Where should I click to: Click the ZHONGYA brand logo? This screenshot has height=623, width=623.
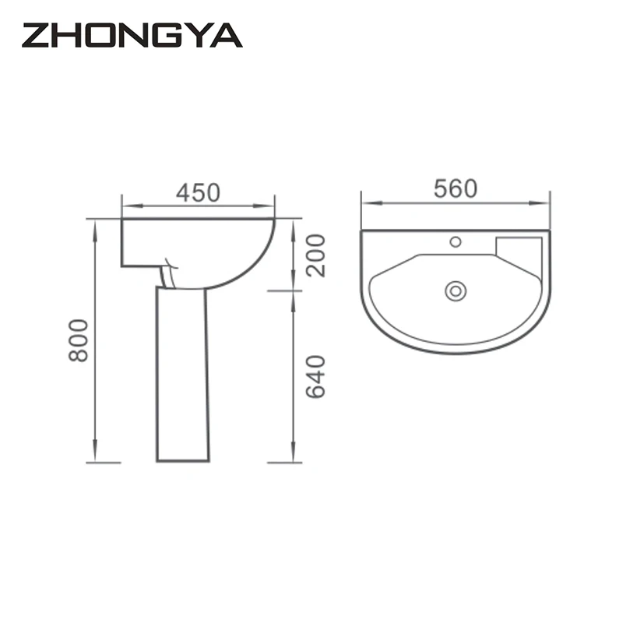pyautogui.click(x=132, y=35)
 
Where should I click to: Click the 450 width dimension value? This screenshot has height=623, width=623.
pyautogui.click(x=198, y=192)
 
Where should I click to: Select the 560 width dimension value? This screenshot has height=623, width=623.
pyautogui.click(x=455, y=188)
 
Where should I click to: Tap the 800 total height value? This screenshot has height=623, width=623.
pyautogui.click(x=78, y=340)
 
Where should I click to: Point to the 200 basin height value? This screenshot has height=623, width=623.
pyautogui.click(x=315, y=255)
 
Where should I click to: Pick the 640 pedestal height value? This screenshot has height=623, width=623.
pyautogui.click(x=315, y=376)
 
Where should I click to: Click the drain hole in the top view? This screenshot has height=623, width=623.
pyautogui.click(x=456, y=291)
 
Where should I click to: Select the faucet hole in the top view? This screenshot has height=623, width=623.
pyautogui.click(x=456, y=241)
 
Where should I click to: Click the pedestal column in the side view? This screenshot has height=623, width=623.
pyautogui.click(x=182, y=374)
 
